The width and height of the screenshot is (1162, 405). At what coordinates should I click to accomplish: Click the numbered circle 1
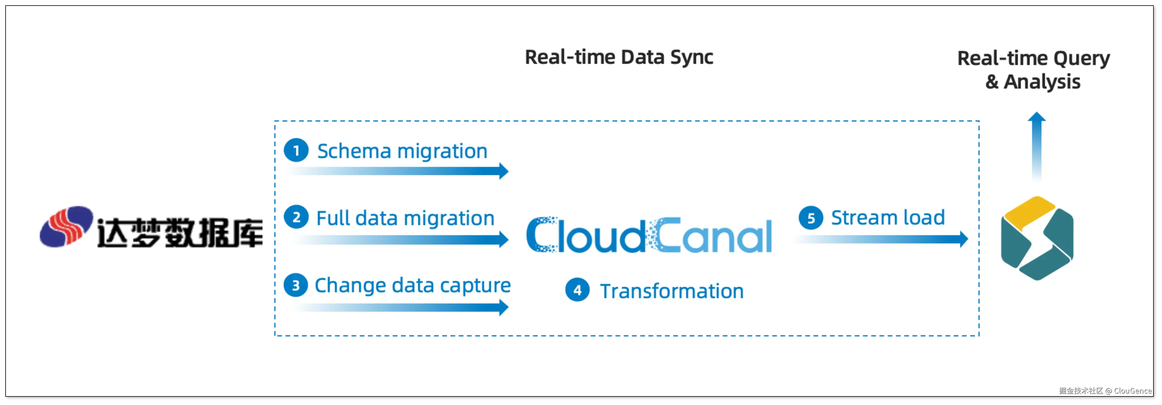point(296,150)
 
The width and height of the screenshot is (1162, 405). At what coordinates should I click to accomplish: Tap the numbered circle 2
point(296,217)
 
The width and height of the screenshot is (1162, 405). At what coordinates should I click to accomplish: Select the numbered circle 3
point(296,285)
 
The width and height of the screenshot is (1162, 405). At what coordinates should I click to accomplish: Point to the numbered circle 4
point(577,290)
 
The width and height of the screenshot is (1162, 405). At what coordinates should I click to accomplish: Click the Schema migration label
point(402,151)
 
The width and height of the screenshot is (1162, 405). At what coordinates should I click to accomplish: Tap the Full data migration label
point(405,218)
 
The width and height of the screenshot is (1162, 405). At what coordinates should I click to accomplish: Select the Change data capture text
point(412,286)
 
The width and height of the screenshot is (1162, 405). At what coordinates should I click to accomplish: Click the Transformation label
point(672,291)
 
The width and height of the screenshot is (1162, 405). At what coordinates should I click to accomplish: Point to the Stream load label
point(888,218)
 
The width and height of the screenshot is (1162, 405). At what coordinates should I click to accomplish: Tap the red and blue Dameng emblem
point(66,227)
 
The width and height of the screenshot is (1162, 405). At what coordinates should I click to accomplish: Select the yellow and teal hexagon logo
point(1037,238)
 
